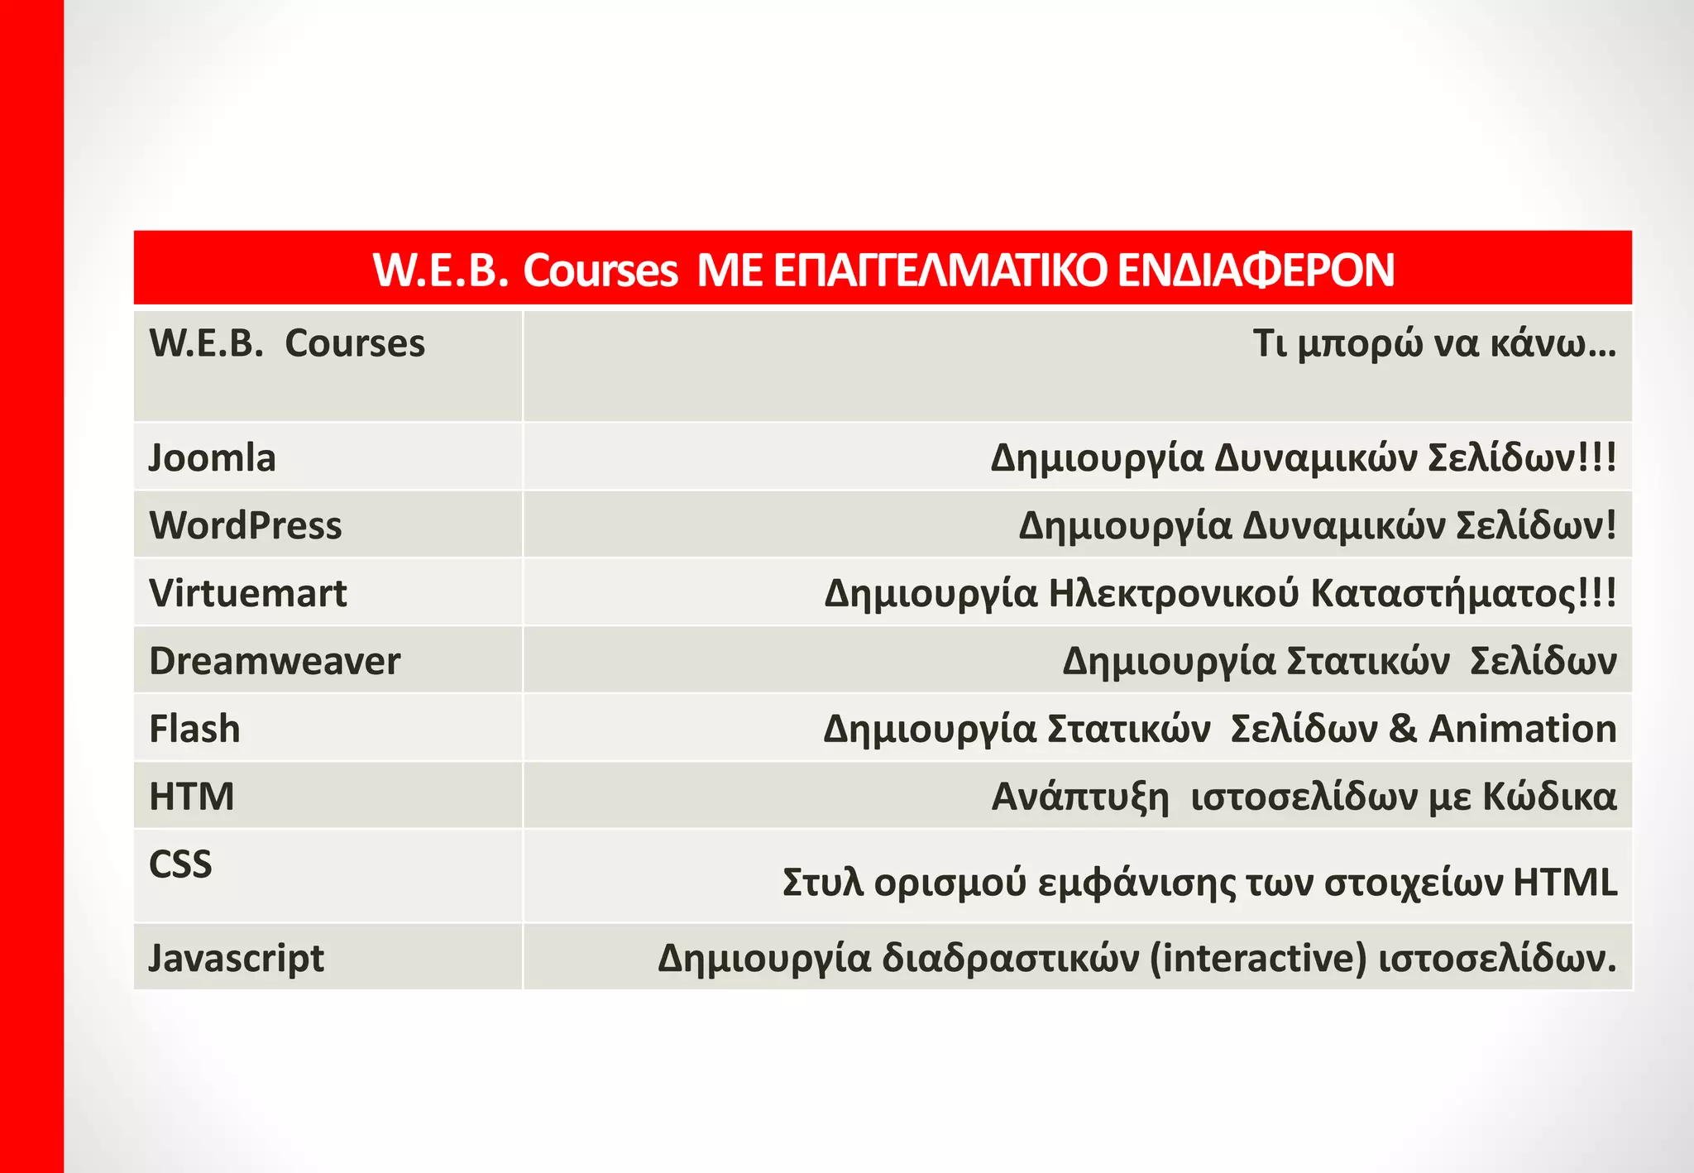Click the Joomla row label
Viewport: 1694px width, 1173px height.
(x=212, y=458)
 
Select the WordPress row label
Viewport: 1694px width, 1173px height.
(x=245, y=526)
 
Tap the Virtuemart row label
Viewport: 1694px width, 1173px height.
(x=247, y=594)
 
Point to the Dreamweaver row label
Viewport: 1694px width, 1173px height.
(x=275, y=662)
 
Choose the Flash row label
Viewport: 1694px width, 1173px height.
(x=194, y=730)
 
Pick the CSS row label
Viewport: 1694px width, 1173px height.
(x=180, y=864)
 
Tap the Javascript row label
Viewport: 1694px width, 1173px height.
(x=236, y=959)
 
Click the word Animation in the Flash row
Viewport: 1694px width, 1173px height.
(x=1522, y=730)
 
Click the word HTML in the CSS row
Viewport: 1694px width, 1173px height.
(x=1565, y=883)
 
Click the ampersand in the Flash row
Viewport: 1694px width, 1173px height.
(x=1403, y=730)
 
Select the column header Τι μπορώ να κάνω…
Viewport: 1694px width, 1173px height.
(x=1433, y=344)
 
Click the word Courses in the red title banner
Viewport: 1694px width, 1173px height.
(x=600, y=271)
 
